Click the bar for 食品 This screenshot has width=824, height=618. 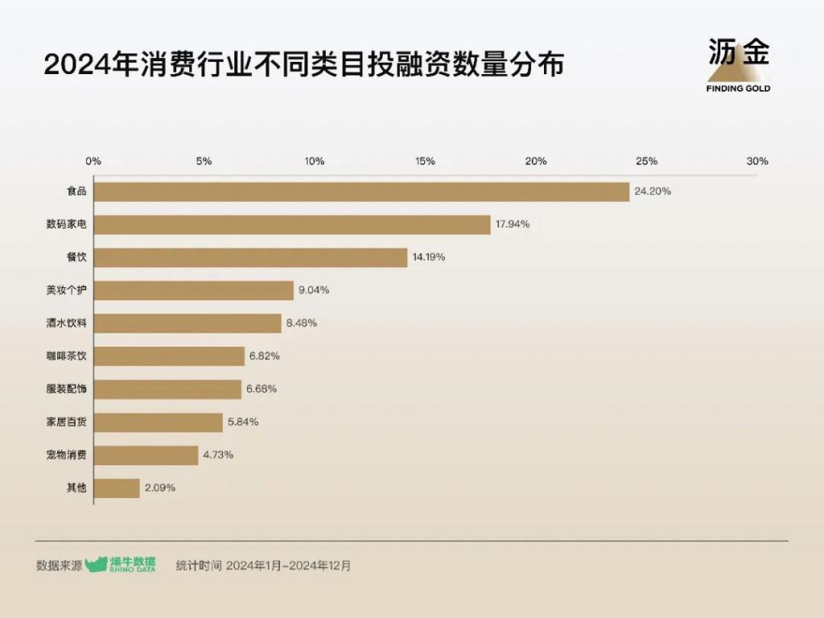click(361, 192)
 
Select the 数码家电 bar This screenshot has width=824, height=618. click(292, 225)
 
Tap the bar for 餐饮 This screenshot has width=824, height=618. click(250, 257)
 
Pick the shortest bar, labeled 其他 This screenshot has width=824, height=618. click(117, 488)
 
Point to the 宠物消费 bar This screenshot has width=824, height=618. click(146, 455)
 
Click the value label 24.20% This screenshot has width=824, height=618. click(653, 192)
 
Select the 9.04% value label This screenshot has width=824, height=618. click(314, 290)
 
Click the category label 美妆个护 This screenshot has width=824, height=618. click(66, 290)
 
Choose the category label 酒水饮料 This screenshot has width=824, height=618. click(66, 323)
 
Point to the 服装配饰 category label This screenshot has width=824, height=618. click(66, 389)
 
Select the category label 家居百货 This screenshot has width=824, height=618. click(66, 422)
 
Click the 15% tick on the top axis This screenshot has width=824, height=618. click(425, 161)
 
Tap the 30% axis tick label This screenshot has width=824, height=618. click(757, 161)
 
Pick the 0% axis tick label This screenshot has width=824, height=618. click(94, 161)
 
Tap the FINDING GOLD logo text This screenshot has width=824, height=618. click(738, 89)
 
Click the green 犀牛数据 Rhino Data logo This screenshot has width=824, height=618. click(122, 565)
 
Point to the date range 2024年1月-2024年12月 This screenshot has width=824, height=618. click(289, 566)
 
